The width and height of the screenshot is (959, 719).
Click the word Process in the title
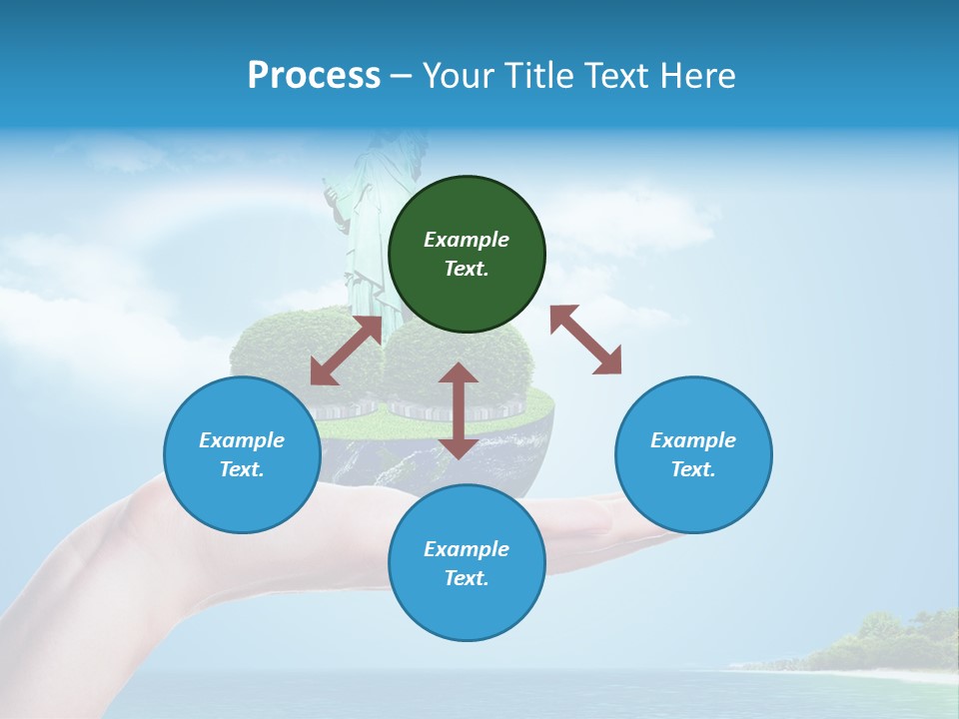[x=314, y=76]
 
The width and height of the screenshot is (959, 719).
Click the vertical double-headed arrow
[x=459, y=410]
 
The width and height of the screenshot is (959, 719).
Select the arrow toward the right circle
[x=585, y=340]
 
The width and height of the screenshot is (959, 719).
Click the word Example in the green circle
[x=467, y=240]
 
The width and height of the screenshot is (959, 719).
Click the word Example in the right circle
[x=693, y=440]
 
